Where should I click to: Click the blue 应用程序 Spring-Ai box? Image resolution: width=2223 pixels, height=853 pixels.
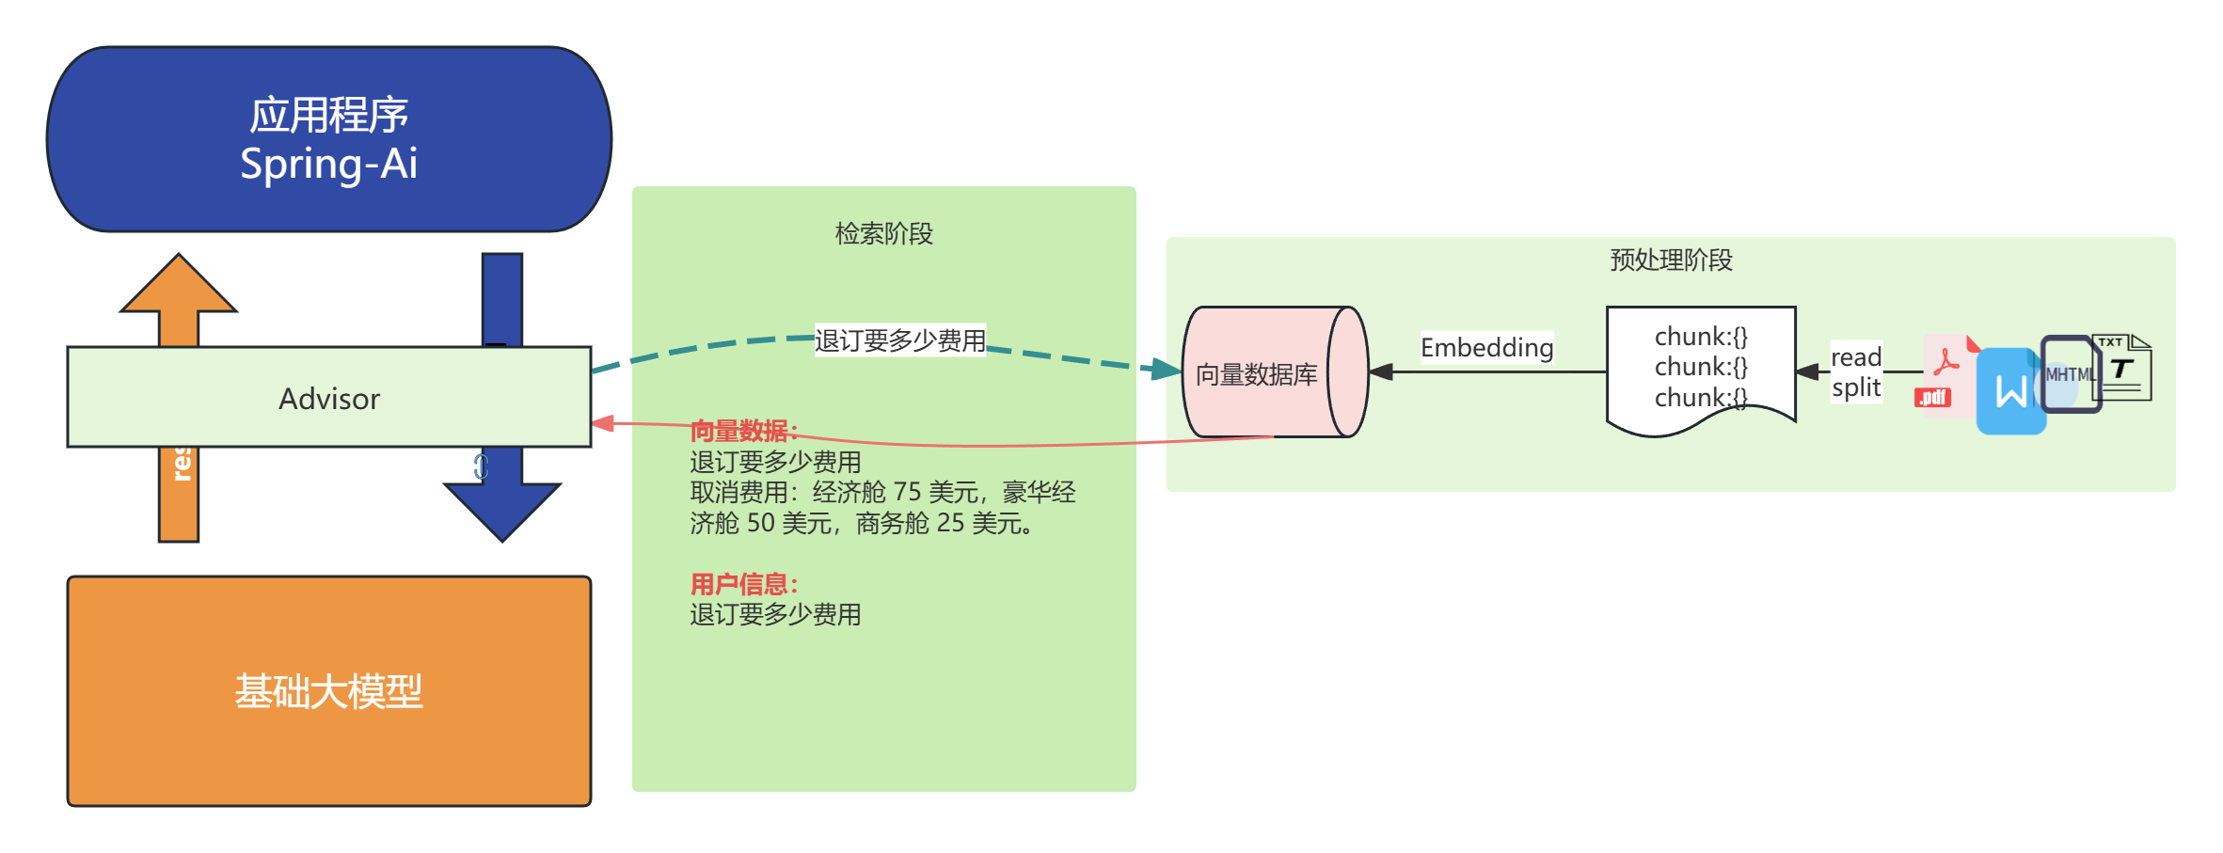328,139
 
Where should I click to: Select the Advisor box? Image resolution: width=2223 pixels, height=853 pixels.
328,398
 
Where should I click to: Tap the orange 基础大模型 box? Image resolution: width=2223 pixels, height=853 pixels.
328,691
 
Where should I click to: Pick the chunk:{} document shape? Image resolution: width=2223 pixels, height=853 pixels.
1700,368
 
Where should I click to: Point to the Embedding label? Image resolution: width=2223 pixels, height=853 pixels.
1486,348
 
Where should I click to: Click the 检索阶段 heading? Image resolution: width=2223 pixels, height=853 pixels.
883,233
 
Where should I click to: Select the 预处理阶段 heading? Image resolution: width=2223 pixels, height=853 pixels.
1671,260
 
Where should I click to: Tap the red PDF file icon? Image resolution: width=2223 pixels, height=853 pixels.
1942,372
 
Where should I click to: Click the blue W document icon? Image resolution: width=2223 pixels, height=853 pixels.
2010,391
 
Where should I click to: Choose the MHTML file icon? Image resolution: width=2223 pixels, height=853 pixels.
2070,374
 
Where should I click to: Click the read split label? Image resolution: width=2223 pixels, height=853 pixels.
1855,372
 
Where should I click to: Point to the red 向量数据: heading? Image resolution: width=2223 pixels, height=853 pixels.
743,431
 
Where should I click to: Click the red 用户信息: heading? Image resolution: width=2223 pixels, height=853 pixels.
743,584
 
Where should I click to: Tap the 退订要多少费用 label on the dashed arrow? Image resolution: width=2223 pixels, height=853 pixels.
899,340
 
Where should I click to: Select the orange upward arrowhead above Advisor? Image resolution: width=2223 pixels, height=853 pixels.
179,285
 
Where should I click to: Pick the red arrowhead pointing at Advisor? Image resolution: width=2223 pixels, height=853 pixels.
604,423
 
